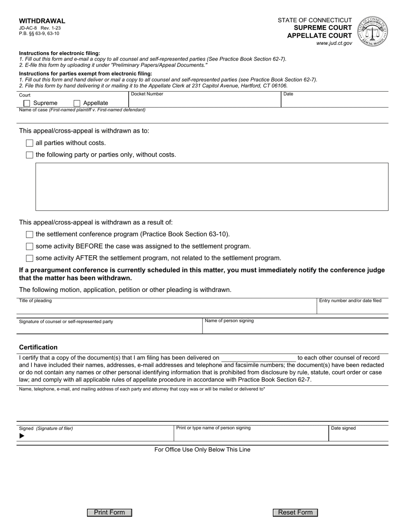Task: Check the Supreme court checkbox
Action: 27,103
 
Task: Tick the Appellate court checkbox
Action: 77,103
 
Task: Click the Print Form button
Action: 110,513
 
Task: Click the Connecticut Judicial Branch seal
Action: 373,32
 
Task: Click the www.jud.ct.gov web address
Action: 334,43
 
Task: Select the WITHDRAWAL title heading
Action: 42,21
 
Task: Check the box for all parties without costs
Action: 29,143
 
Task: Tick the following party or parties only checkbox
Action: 29,155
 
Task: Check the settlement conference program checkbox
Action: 29,234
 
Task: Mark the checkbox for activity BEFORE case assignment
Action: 29,246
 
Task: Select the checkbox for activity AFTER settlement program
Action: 29,258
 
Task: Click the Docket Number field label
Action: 147,94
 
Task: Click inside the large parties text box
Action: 211,187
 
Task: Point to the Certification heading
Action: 38,347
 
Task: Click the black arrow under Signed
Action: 22,436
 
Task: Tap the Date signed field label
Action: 343,428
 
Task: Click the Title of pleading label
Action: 35,301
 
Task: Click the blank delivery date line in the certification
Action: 258,358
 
